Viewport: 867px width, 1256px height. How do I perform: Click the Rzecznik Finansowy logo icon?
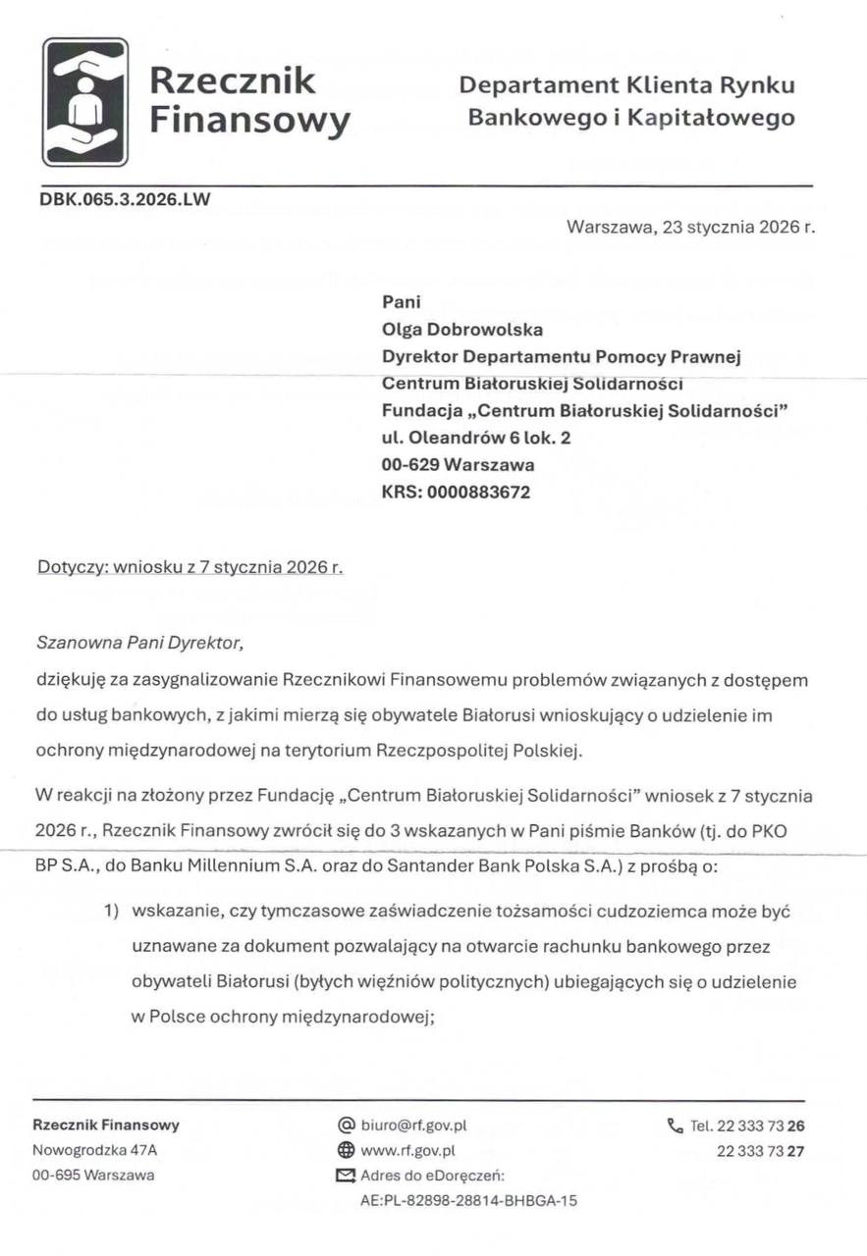[85, 101]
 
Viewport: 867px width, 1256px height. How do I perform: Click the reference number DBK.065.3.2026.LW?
[125, 199]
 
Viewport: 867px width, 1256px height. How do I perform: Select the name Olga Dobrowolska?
[461, 330]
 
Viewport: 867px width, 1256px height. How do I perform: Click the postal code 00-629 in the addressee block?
[409, 465]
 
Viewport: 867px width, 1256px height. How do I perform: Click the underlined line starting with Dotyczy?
[190, 568]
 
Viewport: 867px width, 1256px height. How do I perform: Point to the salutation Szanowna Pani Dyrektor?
[137, 644]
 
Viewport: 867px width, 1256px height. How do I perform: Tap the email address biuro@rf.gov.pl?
[406, 1125]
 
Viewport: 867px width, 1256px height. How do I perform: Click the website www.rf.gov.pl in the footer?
[407, 1150]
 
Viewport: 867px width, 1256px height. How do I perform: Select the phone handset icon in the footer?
[674, 1125]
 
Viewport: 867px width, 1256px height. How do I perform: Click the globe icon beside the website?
[345, 1150]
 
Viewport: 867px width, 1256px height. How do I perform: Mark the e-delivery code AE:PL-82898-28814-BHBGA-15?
[469, 1199]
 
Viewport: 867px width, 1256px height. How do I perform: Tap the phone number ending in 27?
[761, 1150]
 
